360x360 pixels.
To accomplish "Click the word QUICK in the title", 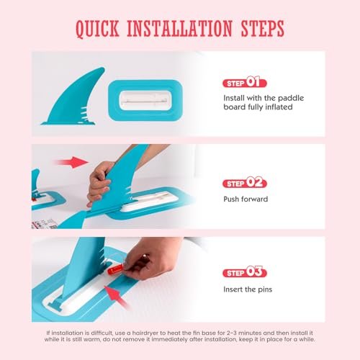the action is tap(97, 29).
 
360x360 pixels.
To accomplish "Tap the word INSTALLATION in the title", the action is tap(179, 28).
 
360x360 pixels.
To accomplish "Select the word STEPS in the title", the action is tap(263, 28).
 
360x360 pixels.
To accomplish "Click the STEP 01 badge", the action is tap(245, 82).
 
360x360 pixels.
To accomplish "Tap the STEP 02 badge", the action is tap(245, 183).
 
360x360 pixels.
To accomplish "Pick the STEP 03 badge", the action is tap(245, 272).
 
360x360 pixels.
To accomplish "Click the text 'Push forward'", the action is tap(246, 199).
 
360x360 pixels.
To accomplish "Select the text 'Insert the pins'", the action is tap(248, 289).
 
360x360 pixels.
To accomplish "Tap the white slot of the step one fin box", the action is tap(145, 101).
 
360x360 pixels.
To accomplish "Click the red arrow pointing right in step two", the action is tap(71, 162).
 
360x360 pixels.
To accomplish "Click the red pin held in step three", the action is tap(115, 270).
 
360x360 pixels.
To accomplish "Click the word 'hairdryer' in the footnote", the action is tap(145, 333).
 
